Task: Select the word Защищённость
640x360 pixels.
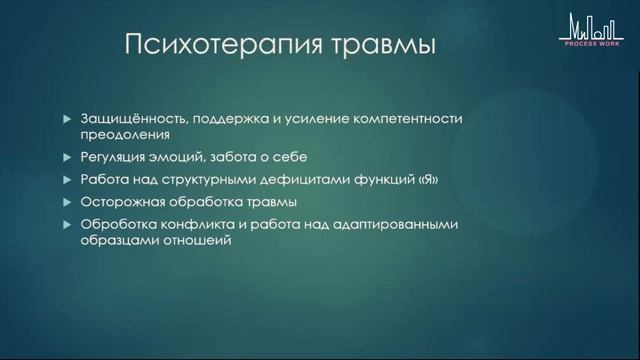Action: click(x=128, y=118)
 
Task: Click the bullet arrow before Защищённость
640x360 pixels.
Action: click(x=66, y=118)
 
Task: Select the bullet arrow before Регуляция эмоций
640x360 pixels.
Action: click(x=66, y=157)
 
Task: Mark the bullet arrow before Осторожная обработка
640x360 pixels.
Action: click(x=66, y=202)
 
